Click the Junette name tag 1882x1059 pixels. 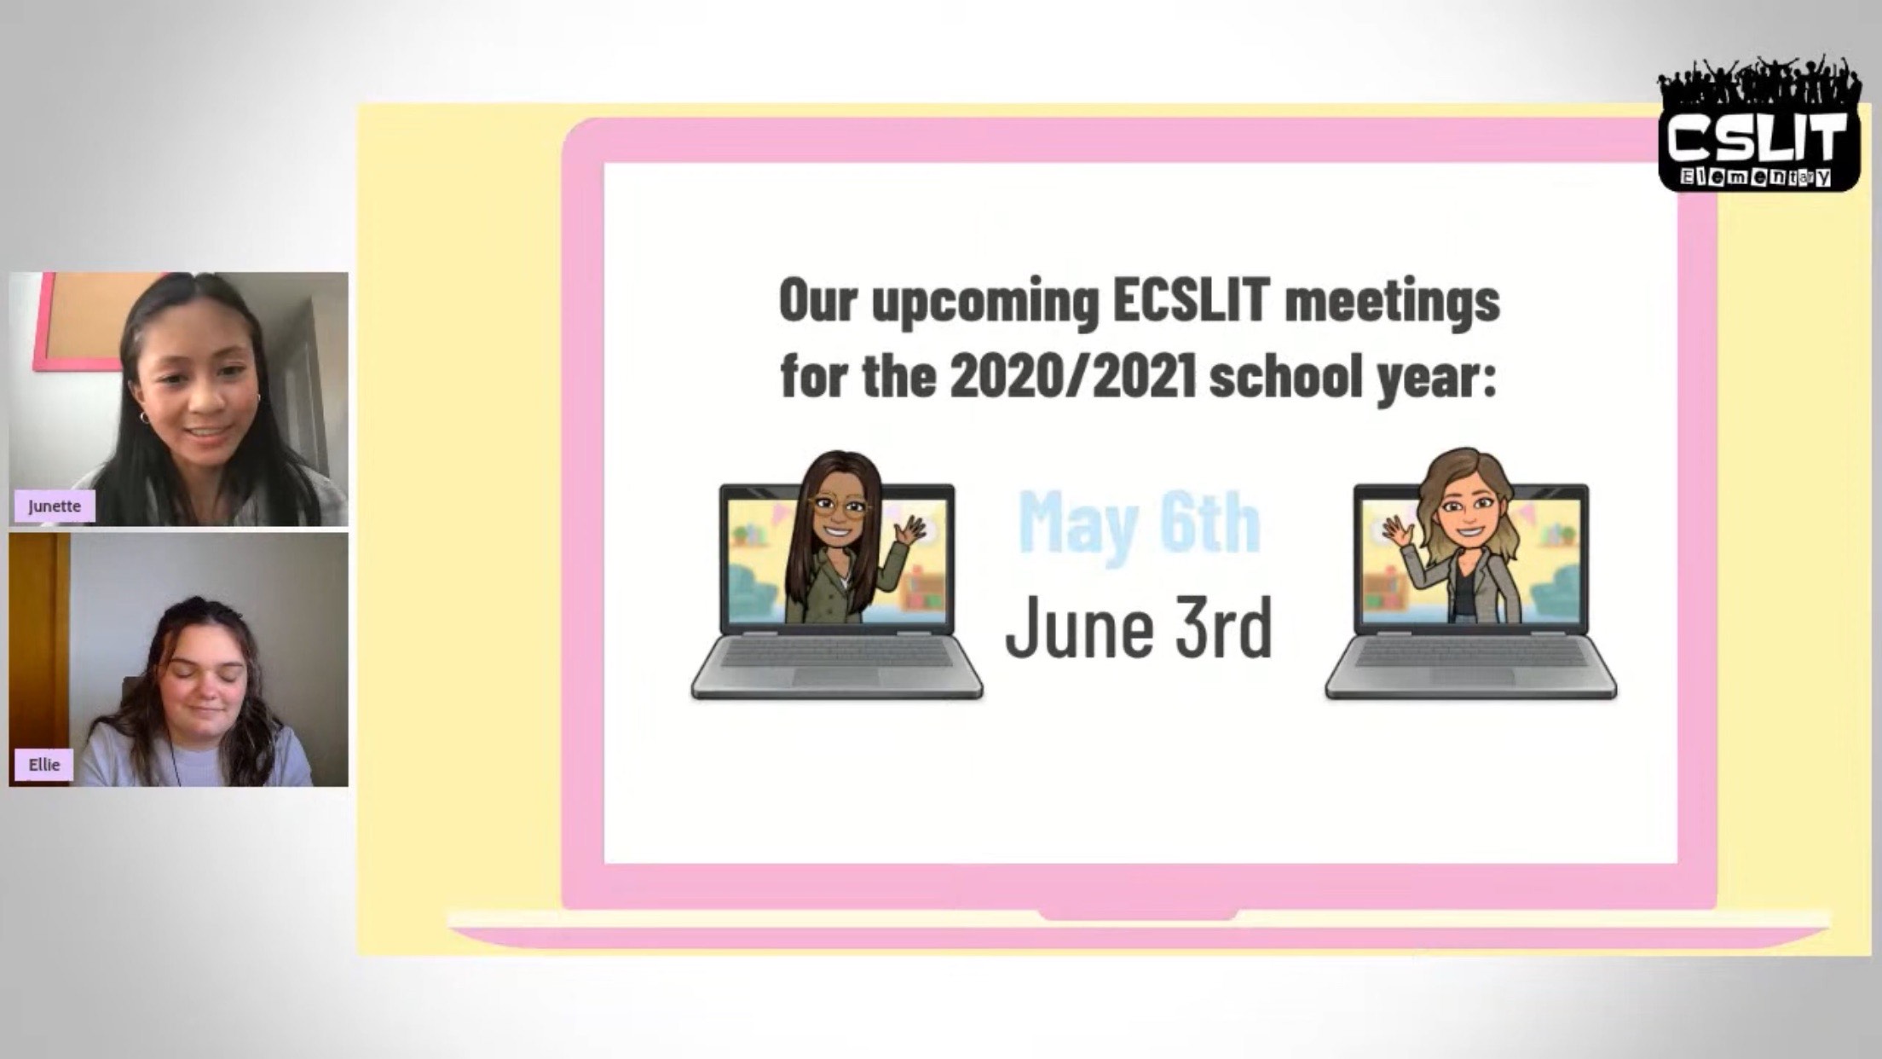pos(55,506)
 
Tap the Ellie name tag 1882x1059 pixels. pos(44,764)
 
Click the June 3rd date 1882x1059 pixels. pos(1139,628)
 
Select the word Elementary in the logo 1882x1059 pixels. pos(1756,177)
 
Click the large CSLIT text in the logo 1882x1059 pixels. pos(1758,137)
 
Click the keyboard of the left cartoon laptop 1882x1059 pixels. pos(836,656)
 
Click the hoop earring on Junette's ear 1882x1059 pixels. pos(144,418)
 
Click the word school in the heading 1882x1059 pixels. pos(1286,376)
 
